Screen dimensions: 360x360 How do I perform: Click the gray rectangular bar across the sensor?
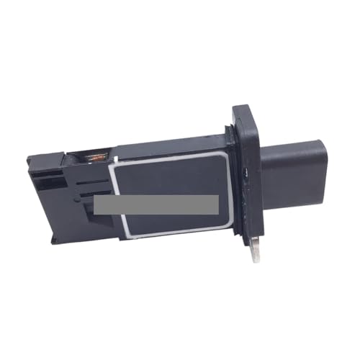[156, 204]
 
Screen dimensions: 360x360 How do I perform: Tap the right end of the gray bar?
[217, 204]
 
